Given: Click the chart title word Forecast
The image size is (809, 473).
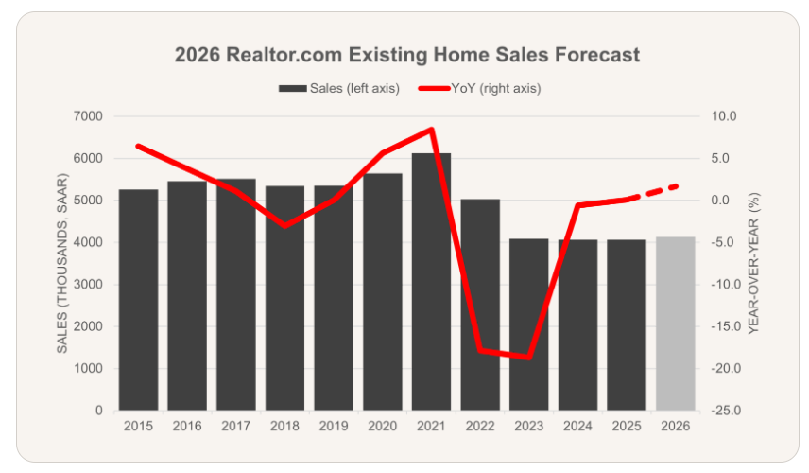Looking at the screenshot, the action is [597, 55].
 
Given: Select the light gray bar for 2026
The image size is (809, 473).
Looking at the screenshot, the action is [676, 324].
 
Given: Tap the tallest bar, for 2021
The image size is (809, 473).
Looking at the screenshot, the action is [431, 282].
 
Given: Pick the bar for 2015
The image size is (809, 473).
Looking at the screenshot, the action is [138, 300].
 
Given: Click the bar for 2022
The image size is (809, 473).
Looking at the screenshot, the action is [480, 305].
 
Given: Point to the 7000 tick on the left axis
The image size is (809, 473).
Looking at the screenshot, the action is [89, 116].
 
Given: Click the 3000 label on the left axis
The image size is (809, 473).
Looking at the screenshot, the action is [89, 285].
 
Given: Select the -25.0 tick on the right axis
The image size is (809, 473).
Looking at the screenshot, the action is [726, 411].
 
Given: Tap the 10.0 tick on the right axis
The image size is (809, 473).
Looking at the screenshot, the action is [724, 116].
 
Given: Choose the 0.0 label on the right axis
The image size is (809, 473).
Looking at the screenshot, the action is [720, 201].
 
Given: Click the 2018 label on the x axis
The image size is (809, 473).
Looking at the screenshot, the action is [284, 426].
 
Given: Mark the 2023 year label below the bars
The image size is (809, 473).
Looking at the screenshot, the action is [529, 426].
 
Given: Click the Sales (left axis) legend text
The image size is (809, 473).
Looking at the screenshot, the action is [354, 88].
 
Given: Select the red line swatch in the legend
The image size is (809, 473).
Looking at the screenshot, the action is [434, 88].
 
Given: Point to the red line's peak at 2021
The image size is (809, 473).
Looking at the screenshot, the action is [432, 129].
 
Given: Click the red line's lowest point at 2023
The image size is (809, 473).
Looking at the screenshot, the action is [529, 358].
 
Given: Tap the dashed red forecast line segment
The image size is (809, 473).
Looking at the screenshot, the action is [651, 193].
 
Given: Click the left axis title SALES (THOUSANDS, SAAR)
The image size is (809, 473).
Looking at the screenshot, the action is [62, 263].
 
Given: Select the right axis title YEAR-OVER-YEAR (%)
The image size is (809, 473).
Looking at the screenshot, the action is [754, 263].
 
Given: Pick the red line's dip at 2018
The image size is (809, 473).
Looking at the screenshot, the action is [284, 226].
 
